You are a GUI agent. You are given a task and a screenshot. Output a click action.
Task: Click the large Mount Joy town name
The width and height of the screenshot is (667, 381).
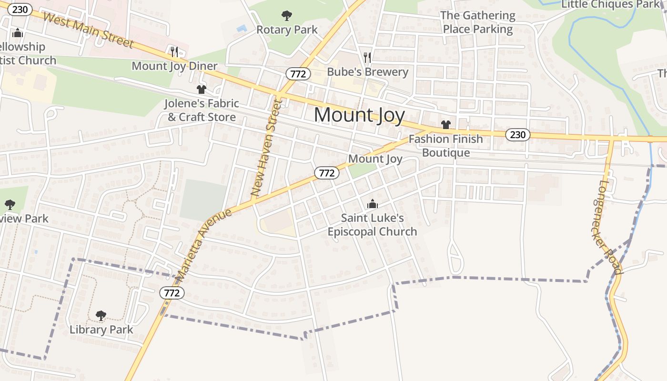pyautogui.click(x=359, y=115)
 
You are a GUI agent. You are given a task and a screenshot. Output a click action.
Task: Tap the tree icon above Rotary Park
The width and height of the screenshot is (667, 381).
pyautogui.click(x=286, y=16)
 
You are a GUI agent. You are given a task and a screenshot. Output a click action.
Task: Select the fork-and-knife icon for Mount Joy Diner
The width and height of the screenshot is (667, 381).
pyautogui.click(x=174, y=51)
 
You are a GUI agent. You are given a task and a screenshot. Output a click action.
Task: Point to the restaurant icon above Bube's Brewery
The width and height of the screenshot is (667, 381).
pyautogui.click(x=367, y=58)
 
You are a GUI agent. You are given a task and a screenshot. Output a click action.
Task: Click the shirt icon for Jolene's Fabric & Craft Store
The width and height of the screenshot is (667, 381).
pyautogui.click(x=201, y=90)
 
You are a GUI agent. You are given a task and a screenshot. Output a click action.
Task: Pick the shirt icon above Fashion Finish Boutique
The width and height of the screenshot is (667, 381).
pyautogui.click(x=445, y=125)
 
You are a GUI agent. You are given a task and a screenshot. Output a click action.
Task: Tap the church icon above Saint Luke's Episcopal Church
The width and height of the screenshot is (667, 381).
pyautogui.click(x=372, y=204)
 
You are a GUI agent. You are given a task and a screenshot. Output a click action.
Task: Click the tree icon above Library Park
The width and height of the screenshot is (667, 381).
pyautogui.click(x=101, y=315)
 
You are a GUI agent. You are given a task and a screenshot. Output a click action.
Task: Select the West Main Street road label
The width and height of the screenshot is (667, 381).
pyautogui.click(x=88, y=30)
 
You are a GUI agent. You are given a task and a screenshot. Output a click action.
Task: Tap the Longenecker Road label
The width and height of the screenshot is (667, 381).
pyautogui.click(x=607, y=227)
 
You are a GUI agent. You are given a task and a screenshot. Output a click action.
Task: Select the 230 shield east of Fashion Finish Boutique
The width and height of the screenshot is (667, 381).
pyautogui.click(x=517, y=135)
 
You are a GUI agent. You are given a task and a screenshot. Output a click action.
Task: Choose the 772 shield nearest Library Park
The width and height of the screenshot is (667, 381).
pyautogui.click(x=171, y=292)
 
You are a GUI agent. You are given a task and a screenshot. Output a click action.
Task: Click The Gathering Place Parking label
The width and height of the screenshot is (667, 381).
pyautogui.click(x=477, y=22)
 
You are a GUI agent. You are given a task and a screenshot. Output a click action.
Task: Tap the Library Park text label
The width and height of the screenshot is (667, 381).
pyautogui.click(x=101, y=330)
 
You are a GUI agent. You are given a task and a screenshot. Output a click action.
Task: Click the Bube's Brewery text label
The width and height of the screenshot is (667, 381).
pyautogui.click(x=367, y=72)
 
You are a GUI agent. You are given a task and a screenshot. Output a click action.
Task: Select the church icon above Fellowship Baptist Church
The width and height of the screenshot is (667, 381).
pyautogui.click(x=18, y=33)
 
